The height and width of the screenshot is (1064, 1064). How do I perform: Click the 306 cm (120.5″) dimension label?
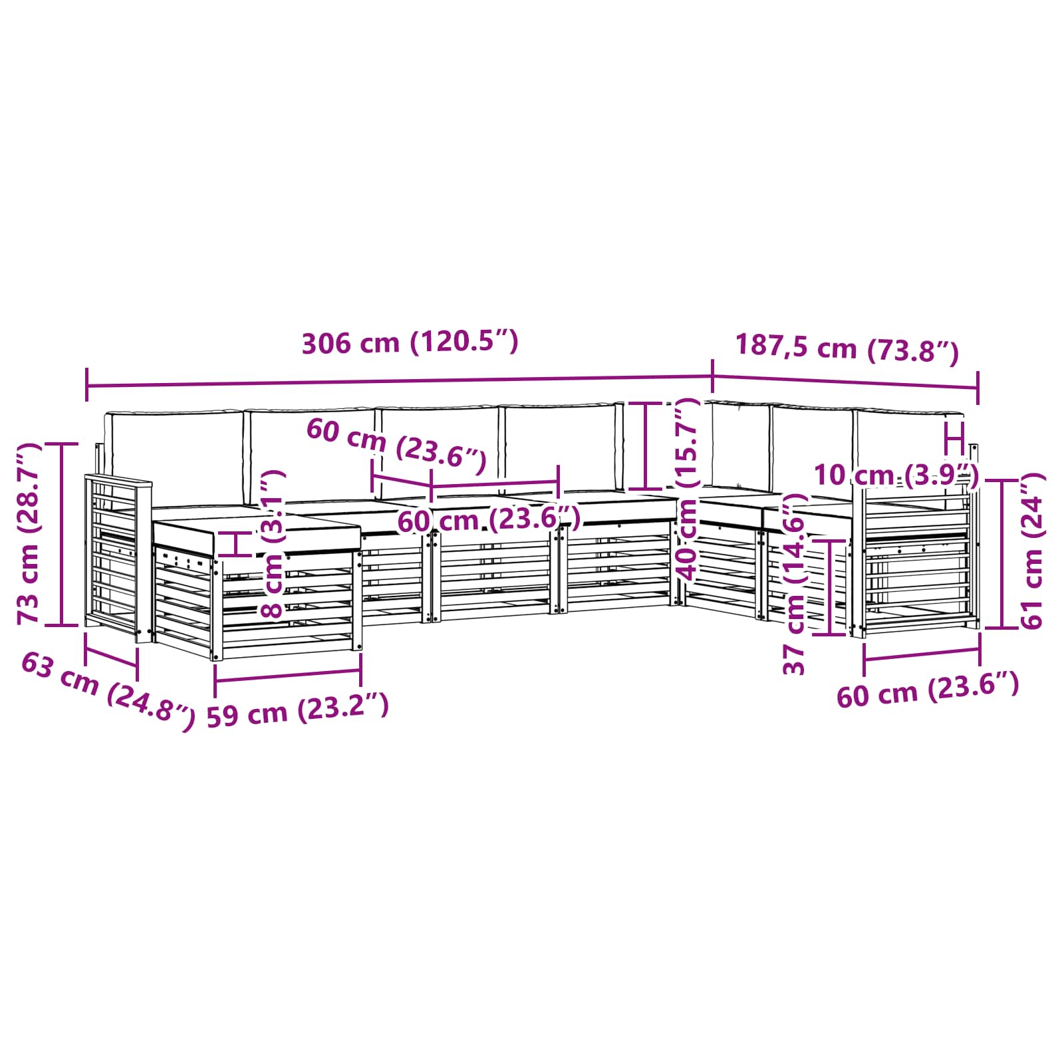[410, 343]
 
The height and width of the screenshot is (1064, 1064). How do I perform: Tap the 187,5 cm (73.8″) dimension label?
[847, 349]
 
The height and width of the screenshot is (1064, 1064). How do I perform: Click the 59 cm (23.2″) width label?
[297, 712]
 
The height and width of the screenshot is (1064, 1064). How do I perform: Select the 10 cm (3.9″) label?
[896, 475]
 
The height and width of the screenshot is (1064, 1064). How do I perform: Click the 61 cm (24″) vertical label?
[1033, 551]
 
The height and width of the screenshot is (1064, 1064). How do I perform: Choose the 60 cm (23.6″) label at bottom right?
[927, 691]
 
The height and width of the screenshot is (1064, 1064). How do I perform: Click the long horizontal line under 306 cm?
[399, 382]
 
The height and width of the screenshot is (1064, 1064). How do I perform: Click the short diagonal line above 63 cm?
[111, 658]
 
